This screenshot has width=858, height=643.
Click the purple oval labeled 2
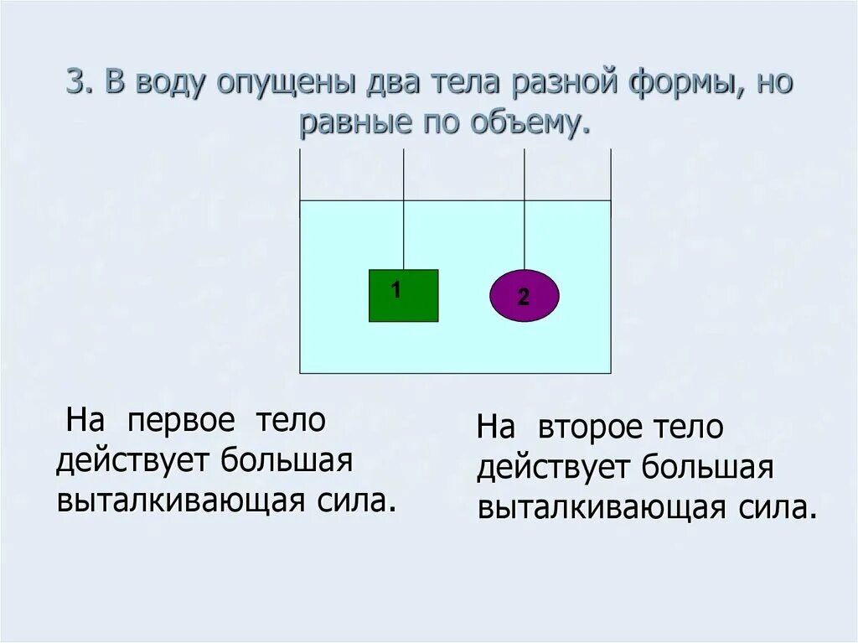coord(524,296)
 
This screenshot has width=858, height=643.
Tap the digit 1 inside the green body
coord(395,290)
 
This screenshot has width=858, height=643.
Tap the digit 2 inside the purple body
coord(524,297)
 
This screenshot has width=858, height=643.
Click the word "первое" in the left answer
coord(182,420)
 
